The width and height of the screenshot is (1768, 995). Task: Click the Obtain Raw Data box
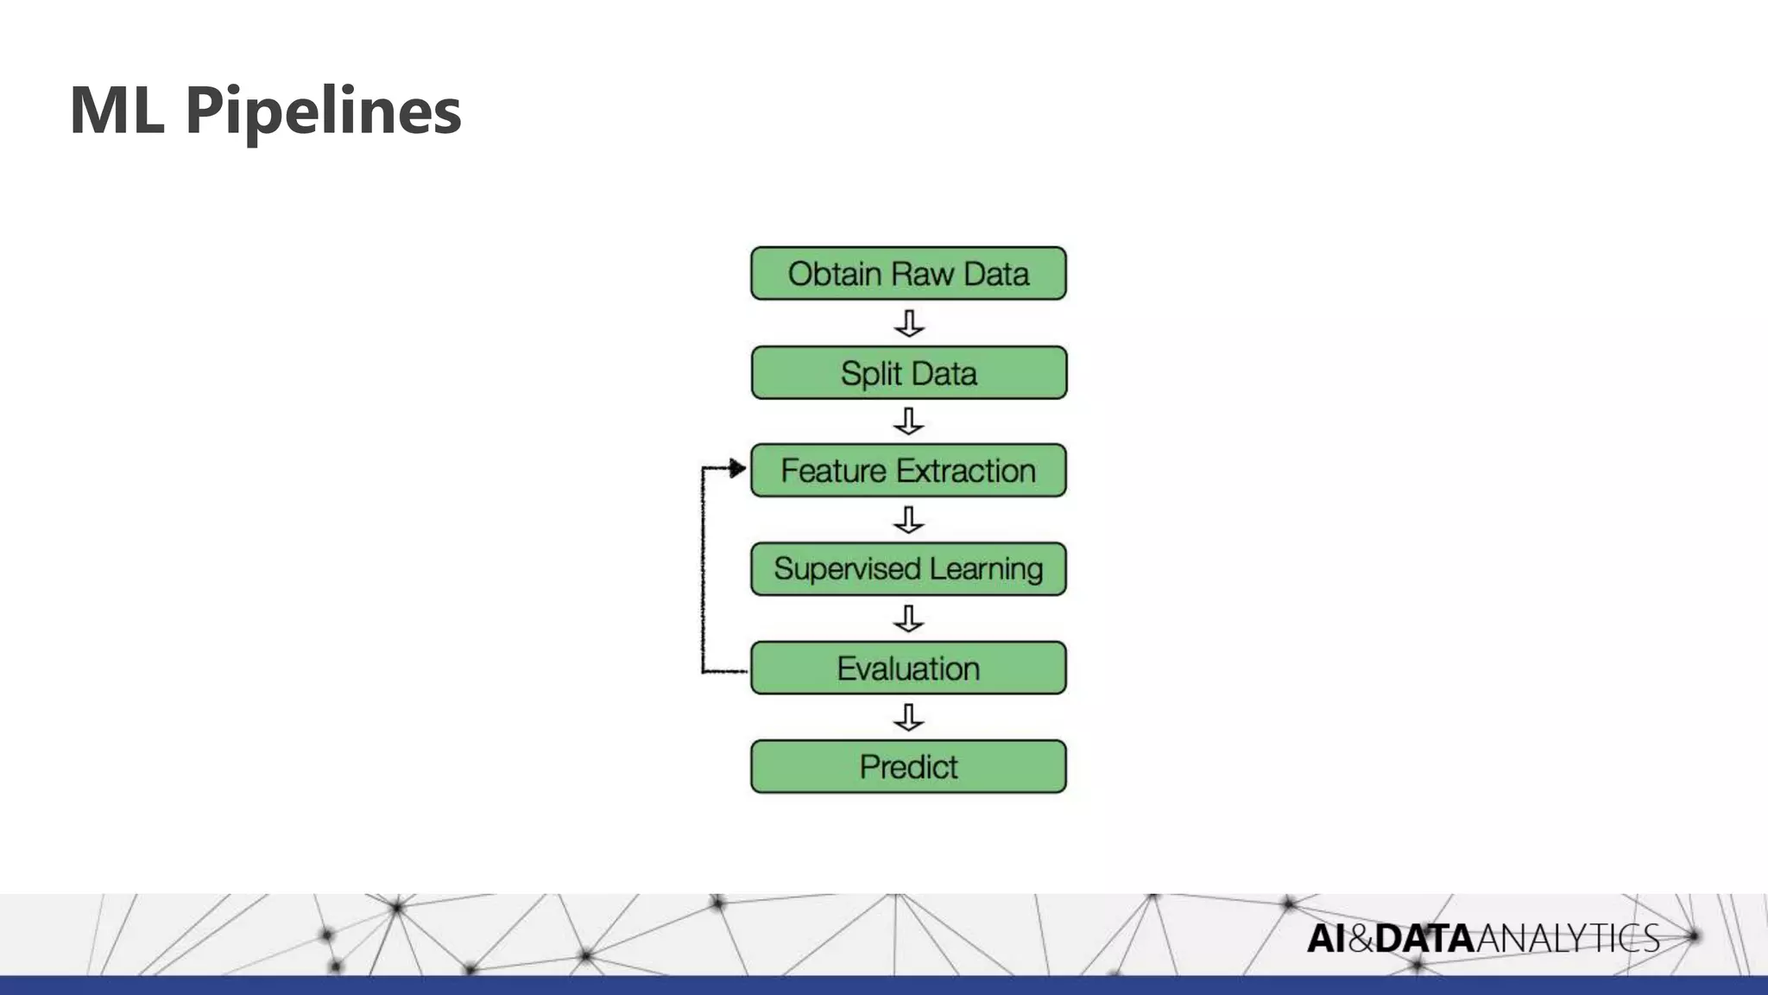(x=908, y=274)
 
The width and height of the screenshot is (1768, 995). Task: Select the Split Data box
(x=908, y=373)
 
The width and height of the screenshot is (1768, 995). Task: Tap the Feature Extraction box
(x=908, y=471)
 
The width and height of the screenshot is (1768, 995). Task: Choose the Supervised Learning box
(x=908, y=569)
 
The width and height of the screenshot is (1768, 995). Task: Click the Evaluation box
(x=908, y=668)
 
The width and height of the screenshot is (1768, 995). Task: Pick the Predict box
(x=908, y=766)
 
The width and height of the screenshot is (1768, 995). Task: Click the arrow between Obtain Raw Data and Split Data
(x=909, y=324)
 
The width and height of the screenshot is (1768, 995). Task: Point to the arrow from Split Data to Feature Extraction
(x=909, y=421)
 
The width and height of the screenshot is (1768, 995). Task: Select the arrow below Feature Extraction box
(x=909, y=520)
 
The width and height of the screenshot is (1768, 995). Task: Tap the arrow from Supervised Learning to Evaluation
(x=909, y=618)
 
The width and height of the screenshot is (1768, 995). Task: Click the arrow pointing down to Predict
(x=909, y=717)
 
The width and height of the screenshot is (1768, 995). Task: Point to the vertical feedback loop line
(x=703, y=570)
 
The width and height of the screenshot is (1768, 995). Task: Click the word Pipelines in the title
(x=323, y=111)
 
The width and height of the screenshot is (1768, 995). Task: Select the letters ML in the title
(x=117, y=111)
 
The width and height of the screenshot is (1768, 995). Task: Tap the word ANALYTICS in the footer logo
(x=1568, y=938)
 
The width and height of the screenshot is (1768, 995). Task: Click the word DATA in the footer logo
(x=1424, y=938)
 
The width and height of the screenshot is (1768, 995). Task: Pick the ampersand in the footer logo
(x=1360, y=938)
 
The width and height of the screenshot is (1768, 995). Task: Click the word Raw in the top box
(x=923, y=274)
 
